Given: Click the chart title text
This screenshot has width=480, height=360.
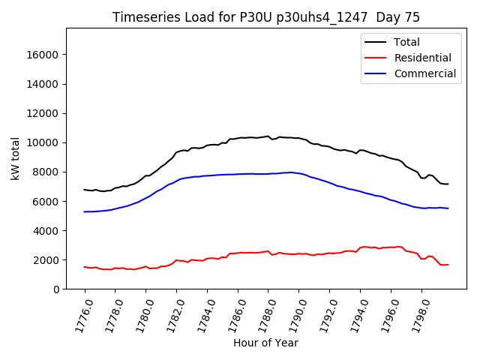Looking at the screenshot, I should point(266,17).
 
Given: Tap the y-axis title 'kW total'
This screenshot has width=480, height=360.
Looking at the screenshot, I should point(15,159).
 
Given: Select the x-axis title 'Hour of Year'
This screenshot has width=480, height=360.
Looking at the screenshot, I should point(265,343).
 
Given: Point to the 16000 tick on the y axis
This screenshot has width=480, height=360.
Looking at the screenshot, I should point(44,55).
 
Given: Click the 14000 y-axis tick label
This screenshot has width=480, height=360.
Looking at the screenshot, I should point(44,84).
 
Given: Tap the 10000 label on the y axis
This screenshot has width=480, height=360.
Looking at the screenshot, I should point(44,142).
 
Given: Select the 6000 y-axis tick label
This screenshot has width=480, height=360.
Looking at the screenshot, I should point(47,201).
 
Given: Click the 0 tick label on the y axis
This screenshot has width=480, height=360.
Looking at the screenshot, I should point(57,289).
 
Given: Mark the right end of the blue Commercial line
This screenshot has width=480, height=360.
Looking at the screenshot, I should point(448,208).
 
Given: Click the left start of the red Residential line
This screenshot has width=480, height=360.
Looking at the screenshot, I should point(85,267).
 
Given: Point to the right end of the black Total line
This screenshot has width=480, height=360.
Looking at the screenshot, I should point(448,184).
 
